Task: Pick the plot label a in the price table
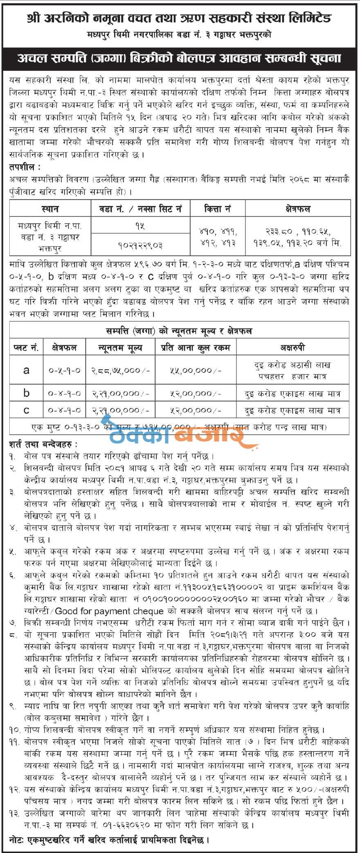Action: [x=27, y=370]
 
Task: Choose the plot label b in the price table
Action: [x=27, y=393]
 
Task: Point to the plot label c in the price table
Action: [x=27, y=410]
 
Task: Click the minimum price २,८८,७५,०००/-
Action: [x=120, y=370]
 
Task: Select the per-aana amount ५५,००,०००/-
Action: [x=196, y=370]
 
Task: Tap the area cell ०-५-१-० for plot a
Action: [x=65, y=370]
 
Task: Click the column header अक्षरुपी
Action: [x=292, y=348]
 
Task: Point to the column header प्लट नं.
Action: [x=27, y=348]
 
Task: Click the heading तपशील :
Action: [x=25, y=167]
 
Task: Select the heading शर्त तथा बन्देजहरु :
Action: [x=43, y=444]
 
